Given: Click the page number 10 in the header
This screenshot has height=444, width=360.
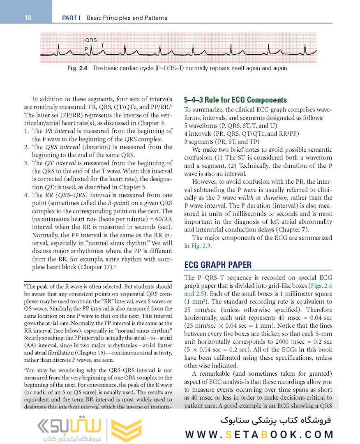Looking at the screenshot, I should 28,18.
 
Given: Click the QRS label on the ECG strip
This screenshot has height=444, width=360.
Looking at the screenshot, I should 91,40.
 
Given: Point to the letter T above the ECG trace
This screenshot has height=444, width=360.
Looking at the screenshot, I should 102,45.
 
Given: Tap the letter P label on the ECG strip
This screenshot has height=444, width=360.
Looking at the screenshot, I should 86,49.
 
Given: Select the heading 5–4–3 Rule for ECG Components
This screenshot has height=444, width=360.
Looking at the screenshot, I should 235,100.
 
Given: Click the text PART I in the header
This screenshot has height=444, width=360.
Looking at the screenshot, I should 70,18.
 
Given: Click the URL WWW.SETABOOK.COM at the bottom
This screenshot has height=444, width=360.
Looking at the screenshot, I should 259,435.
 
